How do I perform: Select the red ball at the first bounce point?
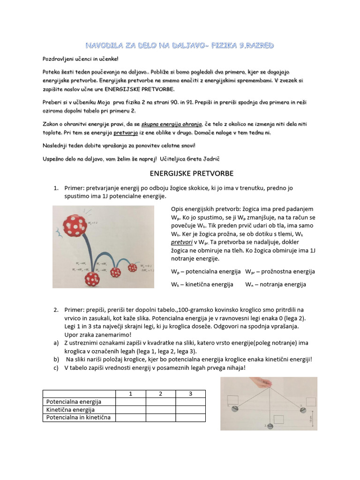(x=92, y=278)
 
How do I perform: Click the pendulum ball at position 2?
(x=270, y=425)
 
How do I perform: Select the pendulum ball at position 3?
(x=302, y=409)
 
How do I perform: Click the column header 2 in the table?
(x=160, y=394)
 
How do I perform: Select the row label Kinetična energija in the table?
(x=70, y=410)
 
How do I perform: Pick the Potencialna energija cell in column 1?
(x=130, y=402)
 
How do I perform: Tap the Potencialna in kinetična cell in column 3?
(x=190, y=417)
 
